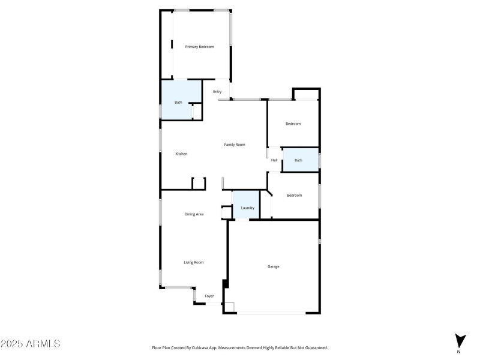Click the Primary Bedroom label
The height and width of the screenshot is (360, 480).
click(x=199, y=47)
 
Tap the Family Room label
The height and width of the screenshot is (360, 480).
click(x=235, y=145)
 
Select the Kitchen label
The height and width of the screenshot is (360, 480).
click(x=181, y=154)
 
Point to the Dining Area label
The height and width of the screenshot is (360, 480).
click(x=194, y=214)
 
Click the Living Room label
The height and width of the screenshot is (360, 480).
click(x=194, y=262)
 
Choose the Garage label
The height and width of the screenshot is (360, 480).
click(x=274, y=266)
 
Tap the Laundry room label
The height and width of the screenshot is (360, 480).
click(x=248, y=208)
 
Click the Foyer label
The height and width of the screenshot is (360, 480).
click(x=209, y=296)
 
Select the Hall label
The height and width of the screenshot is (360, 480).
click(x=274, y=160)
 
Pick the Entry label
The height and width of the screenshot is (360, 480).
click(x=217, y=92)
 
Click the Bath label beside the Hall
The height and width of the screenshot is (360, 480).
click(x=298, y=160)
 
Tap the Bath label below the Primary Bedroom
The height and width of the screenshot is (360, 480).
click(x=178, y=103)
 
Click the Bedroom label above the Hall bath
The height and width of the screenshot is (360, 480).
click(x=293, y=124)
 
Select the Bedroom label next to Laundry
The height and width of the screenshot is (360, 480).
click(x=294, y=196)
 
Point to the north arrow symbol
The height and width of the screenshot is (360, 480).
click(x=460, y=340)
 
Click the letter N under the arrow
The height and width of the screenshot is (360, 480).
click(x=459, y=352)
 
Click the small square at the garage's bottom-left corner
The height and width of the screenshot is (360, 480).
click(x=229, y=307)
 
